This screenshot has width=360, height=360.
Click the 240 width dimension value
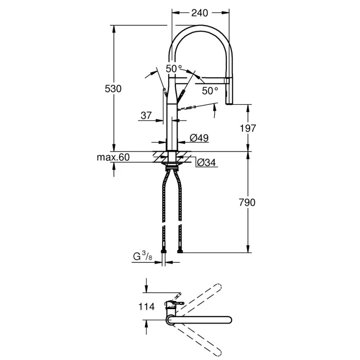(x=199, y=13)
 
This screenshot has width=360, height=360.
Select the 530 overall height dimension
(x=113, y=89)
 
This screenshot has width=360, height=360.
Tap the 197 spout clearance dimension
(x=248, y=128)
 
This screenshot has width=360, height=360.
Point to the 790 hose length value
(x=247, y=202)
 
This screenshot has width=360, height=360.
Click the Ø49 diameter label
(x=199, y=138)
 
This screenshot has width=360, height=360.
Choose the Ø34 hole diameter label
(x=207, y=162)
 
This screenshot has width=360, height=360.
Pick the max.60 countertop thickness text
(x=113, y=157)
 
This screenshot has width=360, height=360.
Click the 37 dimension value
(x=146, y=116)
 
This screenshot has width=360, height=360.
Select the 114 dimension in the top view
(x=147, y=306)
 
